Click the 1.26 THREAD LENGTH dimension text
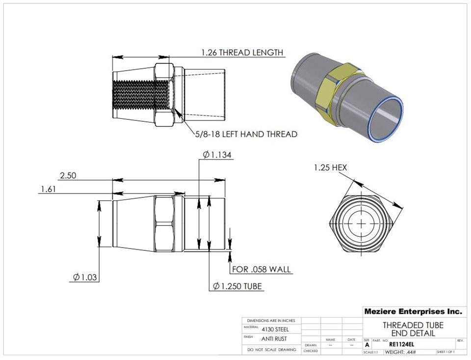(242, 53)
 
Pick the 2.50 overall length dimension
(68, 175)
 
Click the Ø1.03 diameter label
(85, 277)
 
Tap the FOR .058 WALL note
(261, 269)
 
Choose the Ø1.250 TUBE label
(237, 286)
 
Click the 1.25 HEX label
(330, 167)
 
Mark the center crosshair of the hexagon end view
(362, 223)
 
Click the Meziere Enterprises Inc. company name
(413, 311)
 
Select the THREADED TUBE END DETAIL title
(413, 329)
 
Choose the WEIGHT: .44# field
(400, 352)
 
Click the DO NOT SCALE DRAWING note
(271, 350)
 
